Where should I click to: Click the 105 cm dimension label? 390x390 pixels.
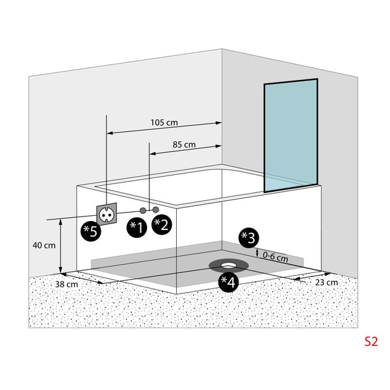point(164,122)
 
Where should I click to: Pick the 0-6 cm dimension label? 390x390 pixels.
point(276,257)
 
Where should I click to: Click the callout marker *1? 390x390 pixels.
point(136,226)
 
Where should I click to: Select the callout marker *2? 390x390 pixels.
point(161,225)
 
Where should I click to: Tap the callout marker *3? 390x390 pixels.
point(248,237)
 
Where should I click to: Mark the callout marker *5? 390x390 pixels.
point(90,231)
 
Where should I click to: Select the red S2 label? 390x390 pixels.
point(370,340)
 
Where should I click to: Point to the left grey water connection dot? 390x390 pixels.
point(143,210)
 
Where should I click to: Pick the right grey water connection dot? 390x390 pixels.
point(156,210)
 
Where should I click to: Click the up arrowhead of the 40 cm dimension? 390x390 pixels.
point(60,222)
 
